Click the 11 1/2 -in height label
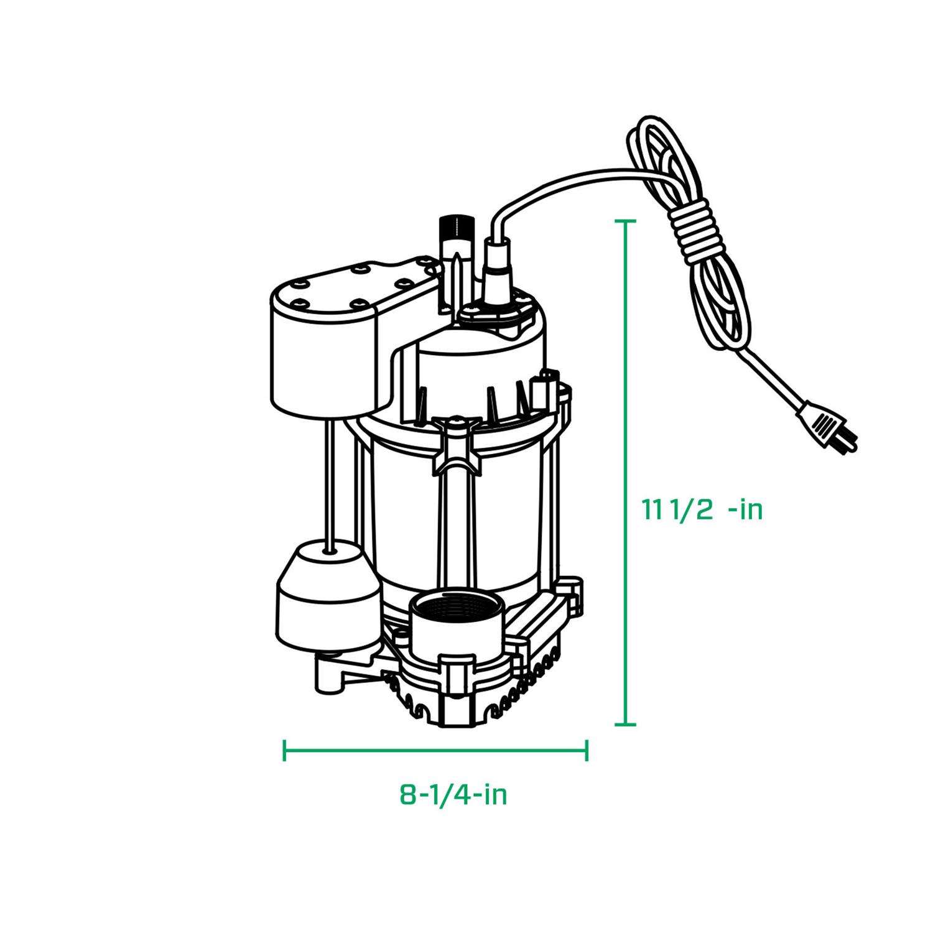(702, 510)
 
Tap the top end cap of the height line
(625, 221)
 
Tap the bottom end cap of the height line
(625, 724)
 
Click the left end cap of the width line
(284, 750)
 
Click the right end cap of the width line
(587, 750)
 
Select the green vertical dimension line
(625, 473)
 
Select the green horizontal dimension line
(435, 750)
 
